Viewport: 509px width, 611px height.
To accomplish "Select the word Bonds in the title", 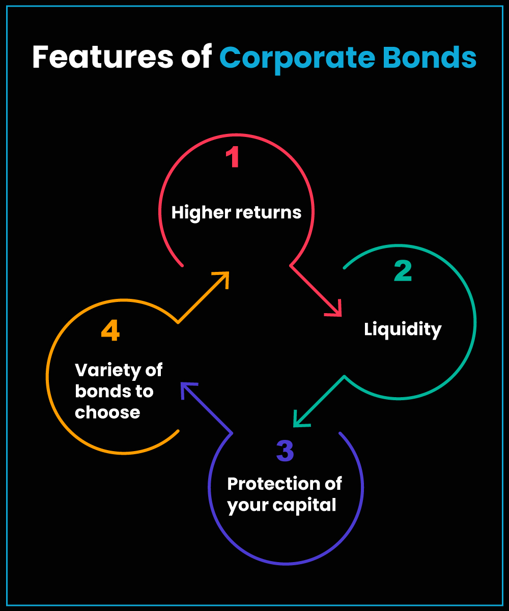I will [430, 58].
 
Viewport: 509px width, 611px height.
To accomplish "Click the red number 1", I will [233, 157].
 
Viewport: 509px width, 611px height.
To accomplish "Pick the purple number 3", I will [285, 450].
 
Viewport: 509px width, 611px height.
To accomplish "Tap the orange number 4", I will [110, 331].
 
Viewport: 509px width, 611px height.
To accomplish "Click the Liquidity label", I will [403, 329].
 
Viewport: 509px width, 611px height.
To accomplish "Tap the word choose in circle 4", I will [107, 412].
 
